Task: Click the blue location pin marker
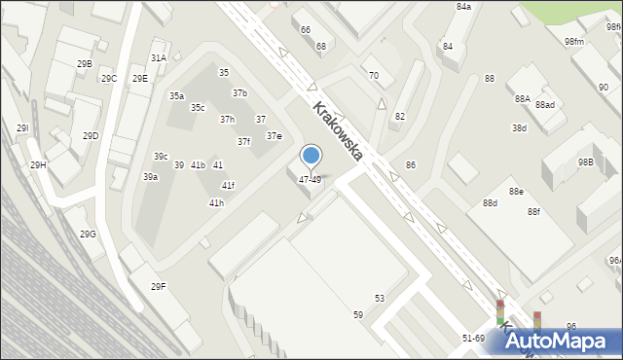[x=311, y=156]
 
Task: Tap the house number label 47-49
[x=310, y=180]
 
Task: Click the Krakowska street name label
[x=338, y=132]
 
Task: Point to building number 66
[x=305, y=30]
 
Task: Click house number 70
[x=373, y=75]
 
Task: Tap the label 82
[x=399, y=116]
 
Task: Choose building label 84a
[x=463, y=7]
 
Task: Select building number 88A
[x=523, y=99]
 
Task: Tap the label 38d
[x=519, y=127]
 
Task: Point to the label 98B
[x=585, y=162]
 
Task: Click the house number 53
[x=380, y=298]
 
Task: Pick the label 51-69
[x=473, y=338]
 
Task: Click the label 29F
[x=158, y=286]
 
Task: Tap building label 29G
[x=88, y=234]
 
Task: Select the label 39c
[x=161, y=157]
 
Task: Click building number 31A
[x=158, y=58]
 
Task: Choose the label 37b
[x=239, y=92]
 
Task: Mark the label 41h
[x=216, y=202]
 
